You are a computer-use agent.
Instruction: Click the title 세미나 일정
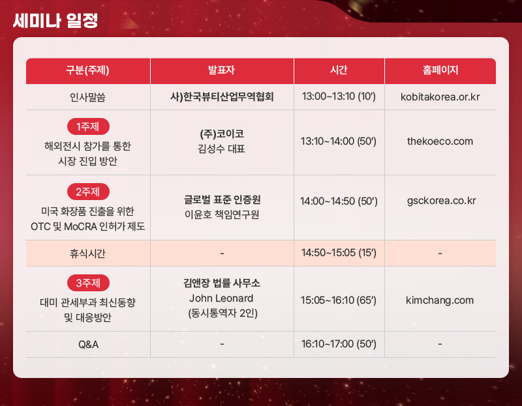click(x=55, y=21)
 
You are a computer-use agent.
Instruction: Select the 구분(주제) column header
click(x=87, y=70)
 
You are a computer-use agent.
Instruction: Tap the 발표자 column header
click(x=221, y=70)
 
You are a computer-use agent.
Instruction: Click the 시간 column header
click(x=339, y=70)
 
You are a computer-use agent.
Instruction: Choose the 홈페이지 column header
click(x=440, y=70)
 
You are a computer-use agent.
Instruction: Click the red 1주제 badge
click(x=88, y=126)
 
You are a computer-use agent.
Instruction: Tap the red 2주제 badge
click(x=88, y=192)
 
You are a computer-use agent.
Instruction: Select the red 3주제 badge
click(x=88, y=283)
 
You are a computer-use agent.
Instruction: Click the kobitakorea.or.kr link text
click(x=440, y=96)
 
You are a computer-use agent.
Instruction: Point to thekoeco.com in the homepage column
click(x=440, y=141)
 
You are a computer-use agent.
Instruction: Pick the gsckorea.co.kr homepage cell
click(x=442, y=201)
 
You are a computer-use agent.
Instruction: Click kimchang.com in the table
click(x=440, y=300)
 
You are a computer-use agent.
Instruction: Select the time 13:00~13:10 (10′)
click(x=339, y=96)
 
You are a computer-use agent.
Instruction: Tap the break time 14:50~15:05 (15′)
click(x=339, y=253)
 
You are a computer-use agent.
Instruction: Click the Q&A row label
click(x=88, y=345)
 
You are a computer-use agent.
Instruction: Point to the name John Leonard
click(x=221, y=298)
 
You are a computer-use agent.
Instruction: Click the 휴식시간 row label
click(x=87, y=254)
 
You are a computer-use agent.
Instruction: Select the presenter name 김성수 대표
click(x=221, y=149)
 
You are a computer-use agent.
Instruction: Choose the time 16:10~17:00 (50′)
click(x=339, y=344)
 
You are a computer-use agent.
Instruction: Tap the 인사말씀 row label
click(x=87, y=97)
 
